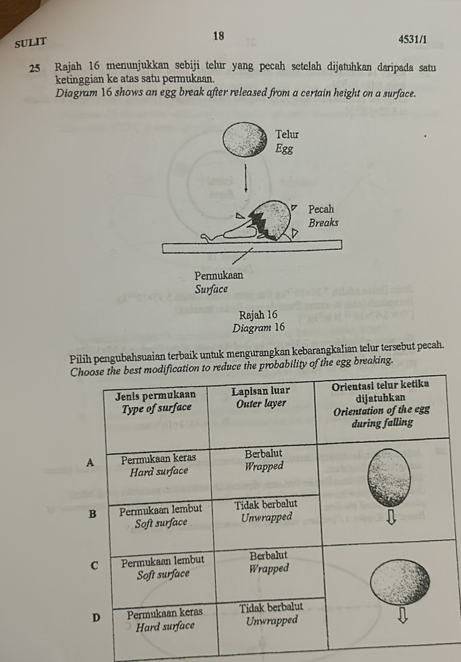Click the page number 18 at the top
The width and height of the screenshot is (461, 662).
219,36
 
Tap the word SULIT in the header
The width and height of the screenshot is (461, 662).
30,43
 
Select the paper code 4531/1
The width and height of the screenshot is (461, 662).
413,39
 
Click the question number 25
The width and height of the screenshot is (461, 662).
35,69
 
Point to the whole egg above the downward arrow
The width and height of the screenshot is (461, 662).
245,140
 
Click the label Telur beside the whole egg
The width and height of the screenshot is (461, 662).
287,135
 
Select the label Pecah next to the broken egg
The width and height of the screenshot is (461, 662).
321,209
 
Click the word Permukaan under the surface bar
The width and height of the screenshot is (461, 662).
218,276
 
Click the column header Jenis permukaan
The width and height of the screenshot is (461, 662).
156,396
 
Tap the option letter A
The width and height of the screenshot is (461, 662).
89,462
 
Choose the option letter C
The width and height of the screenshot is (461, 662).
95,566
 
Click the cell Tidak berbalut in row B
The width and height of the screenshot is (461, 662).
266,504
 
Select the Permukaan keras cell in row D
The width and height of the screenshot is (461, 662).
165,613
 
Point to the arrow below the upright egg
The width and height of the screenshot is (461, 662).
391,518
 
